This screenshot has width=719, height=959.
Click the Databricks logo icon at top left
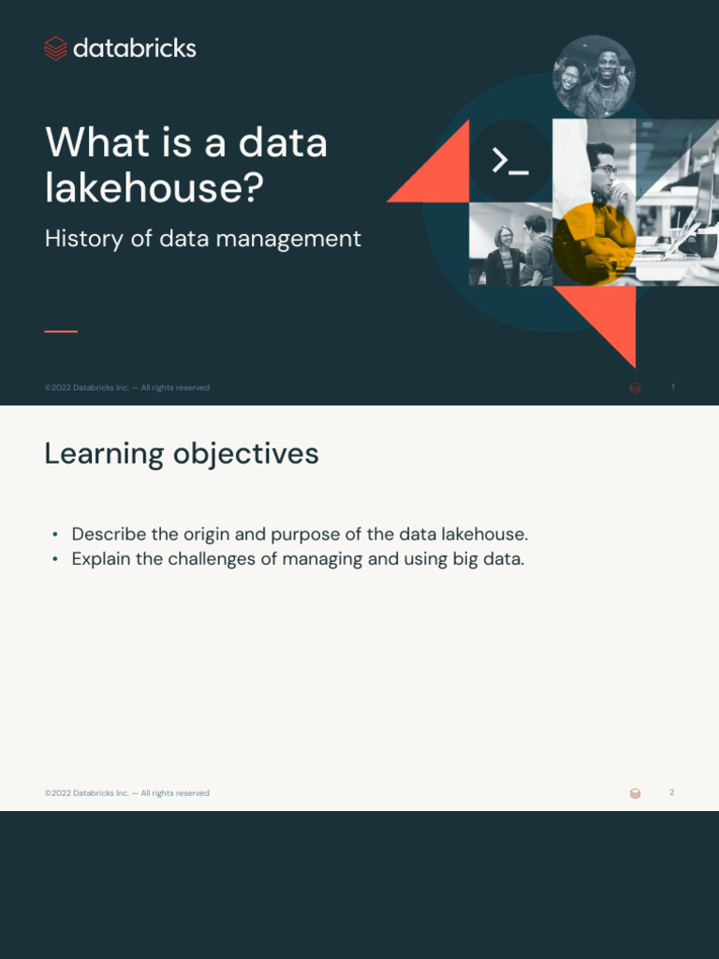55,49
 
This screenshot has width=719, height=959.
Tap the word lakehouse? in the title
154,187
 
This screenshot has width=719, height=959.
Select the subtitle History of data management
202,239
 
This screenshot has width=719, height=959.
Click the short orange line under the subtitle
61,331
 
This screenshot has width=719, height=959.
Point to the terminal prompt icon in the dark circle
510,161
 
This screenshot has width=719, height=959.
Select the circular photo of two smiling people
594,77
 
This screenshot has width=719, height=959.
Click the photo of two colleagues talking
510,244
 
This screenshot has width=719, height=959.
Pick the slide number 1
673,387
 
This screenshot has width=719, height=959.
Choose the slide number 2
671,792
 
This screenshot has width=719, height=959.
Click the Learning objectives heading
182,454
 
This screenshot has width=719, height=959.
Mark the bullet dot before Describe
55,535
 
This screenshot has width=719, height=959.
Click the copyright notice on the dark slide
127,388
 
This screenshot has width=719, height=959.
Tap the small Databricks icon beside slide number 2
636,793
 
